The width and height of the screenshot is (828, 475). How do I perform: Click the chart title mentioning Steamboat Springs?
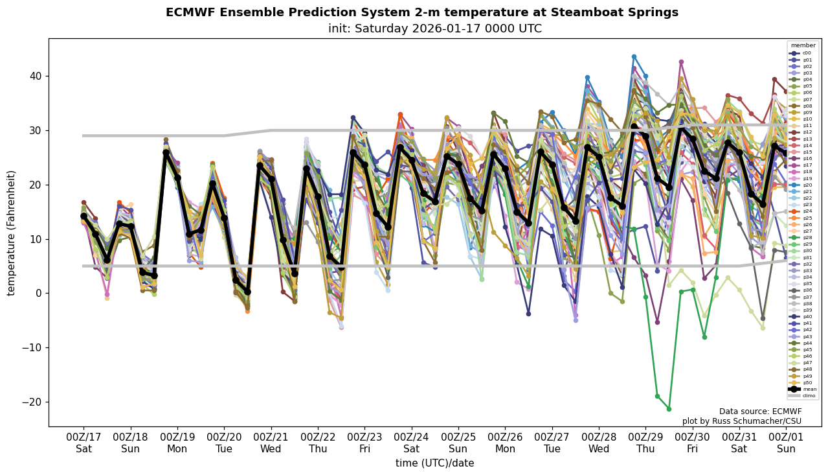pyautogui.click(x=422, y=12)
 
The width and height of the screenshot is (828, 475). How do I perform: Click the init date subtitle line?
pyautogui.click(x=434, y=29)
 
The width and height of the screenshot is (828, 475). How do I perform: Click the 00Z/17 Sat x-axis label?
pyautogui.click(x=84, y=443)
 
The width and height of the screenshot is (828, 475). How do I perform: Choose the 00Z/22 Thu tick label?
pyautogui.click(x=318, y=443)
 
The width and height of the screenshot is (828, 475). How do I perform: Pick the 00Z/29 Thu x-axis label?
pyautogui.click(x=646, y=443)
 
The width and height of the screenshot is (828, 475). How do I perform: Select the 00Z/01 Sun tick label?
pyautogui.click(x=786, y=443)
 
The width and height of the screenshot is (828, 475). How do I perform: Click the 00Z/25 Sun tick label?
pyautogui.click(x=458, y=443)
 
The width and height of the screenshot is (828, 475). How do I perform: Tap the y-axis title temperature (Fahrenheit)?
pyautogui.click(x=12, y=233)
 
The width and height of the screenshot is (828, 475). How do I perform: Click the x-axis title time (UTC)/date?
pyautogui.click(x=434, y=463)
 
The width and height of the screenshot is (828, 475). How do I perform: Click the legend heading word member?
pyautogui.click(x=803, y=45)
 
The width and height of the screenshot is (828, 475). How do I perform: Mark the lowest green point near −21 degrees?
pyautogui.click(x=669, y=409)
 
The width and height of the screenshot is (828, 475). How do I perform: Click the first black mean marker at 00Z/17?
pyautogui.click(x=84, y=216)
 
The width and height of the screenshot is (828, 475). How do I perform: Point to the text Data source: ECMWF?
pyautogui.click(x=760, y=411)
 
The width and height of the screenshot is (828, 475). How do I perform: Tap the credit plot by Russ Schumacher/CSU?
pyautogui.click(x=742, y=421)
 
